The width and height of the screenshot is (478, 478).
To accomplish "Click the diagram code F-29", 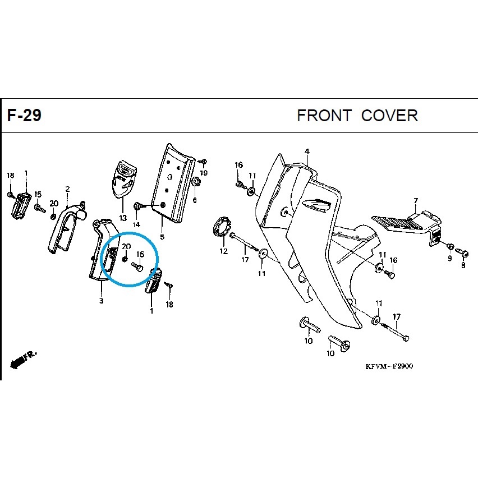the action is tap(24, 116).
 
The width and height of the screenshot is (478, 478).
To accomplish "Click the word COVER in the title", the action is tap(389, 116).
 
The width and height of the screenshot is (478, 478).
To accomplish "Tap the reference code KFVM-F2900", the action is tap(389, 366).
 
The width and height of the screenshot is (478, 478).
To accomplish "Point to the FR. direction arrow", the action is tap(23, 360).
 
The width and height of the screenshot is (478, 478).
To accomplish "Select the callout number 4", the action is tap(307, 151).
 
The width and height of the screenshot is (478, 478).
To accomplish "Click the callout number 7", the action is tap(416, 201).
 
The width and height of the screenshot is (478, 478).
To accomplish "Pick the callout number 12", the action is tap(223, 251).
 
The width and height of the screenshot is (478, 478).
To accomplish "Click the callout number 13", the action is tap(123, 218).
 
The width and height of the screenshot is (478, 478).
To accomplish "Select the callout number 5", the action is tap(162, 237).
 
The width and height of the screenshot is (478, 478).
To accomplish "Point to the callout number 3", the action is tap(101, 301).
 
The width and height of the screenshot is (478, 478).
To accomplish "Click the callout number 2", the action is tap(67, 189).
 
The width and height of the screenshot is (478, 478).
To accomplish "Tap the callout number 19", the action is tap(204, 173).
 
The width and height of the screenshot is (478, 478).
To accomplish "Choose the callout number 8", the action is tap(463, 265).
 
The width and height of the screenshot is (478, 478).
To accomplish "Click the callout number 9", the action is tap(450, 259).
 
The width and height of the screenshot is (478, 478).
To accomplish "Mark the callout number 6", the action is tap(195, 200).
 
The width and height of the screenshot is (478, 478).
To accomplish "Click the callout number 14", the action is tap(136, 224).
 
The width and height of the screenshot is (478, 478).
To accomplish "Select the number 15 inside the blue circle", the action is tap(140, 254).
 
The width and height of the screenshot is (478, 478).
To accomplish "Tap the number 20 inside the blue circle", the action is tap(126, 246).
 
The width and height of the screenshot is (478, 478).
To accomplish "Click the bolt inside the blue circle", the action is tap(137, 267).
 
